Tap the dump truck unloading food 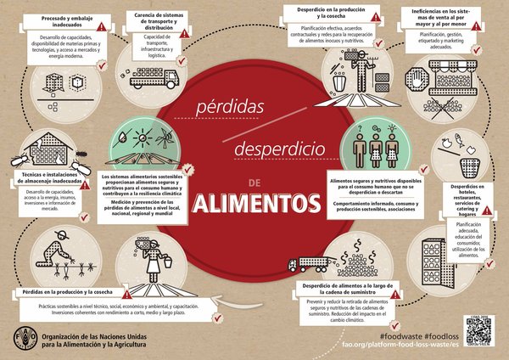(303, 263)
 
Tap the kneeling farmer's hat (59, 233)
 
